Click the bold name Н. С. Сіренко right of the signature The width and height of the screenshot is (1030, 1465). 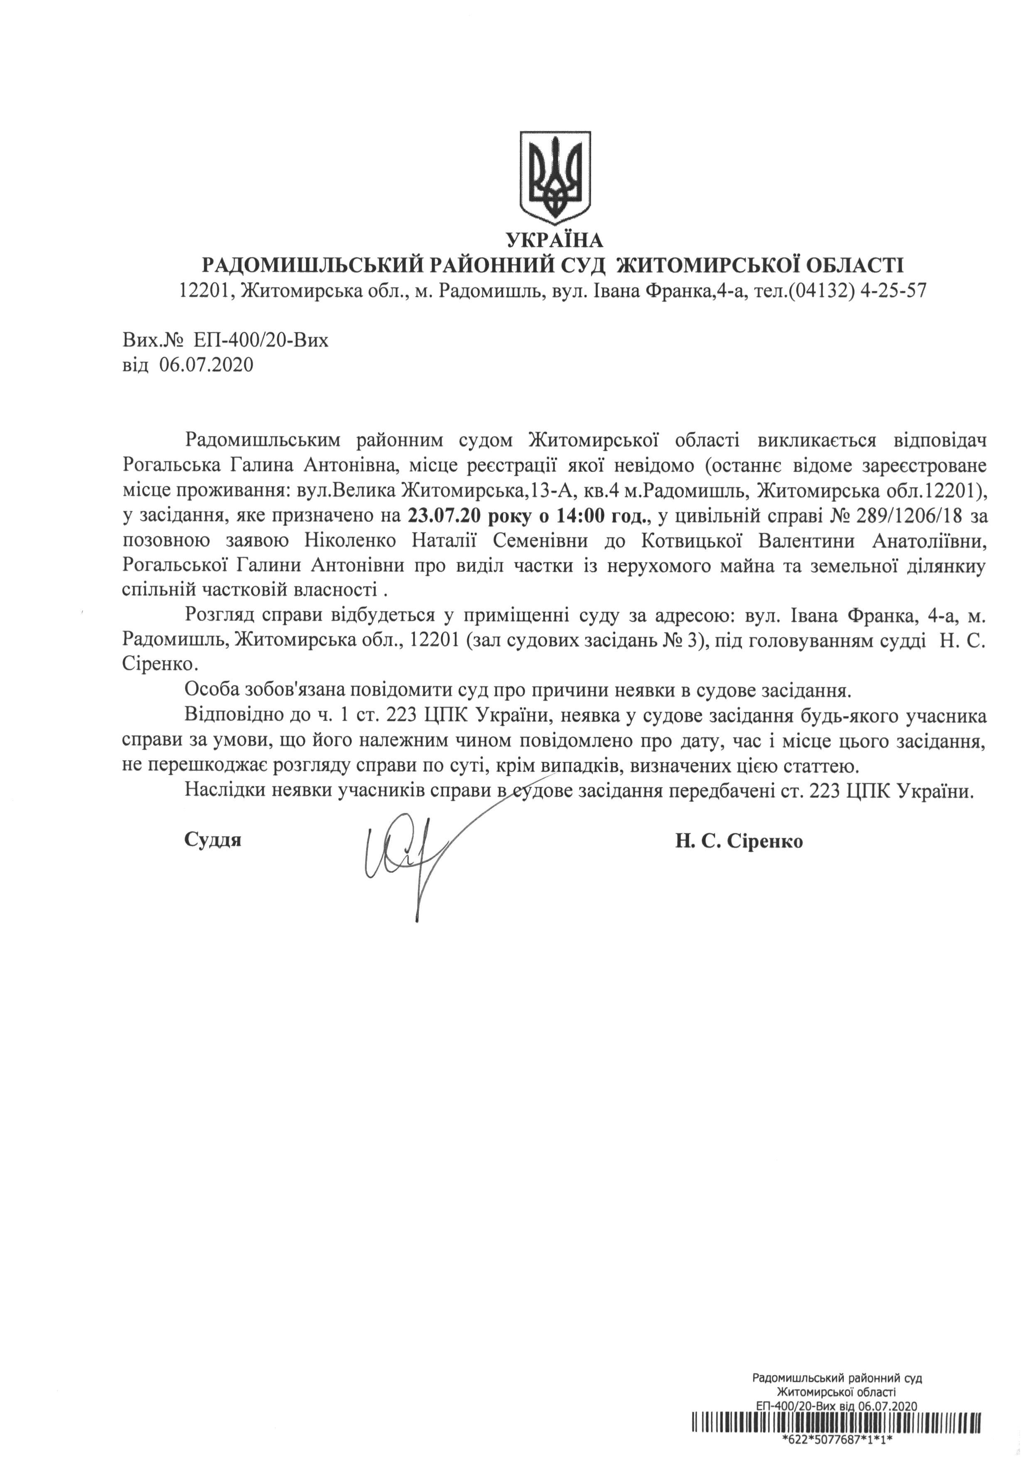(739, 841)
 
